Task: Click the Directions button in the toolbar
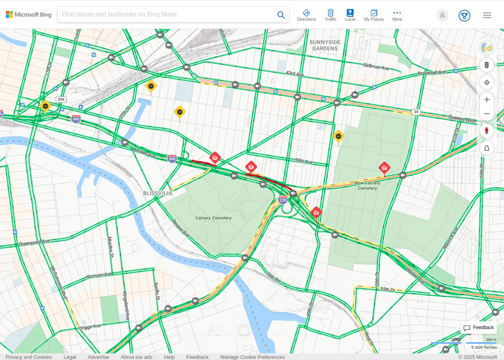(x=306, y=15)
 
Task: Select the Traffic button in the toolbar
(x=330, y=15)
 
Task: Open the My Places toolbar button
(x=374, y=15)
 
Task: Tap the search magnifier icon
(x=281, y=15)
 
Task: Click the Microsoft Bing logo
(x=28, y=15)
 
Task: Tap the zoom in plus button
(x=487, y=100)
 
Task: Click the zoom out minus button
(x=487, y=114)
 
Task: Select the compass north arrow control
(x=487, y=131)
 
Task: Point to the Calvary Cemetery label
(x=213, y=218)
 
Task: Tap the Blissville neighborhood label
(x=158, y=193)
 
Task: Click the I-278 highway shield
(x=283, y=200)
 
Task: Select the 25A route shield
(x=61, y=99)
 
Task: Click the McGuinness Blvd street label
(x=58, y=282)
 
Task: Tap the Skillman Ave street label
(x=376, y=67)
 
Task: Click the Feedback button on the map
(x=478, y=328)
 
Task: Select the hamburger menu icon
(x=487, y=15)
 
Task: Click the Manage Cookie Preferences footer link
(x=252, y=357)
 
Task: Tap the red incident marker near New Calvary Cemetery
(x=384, y=168)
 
